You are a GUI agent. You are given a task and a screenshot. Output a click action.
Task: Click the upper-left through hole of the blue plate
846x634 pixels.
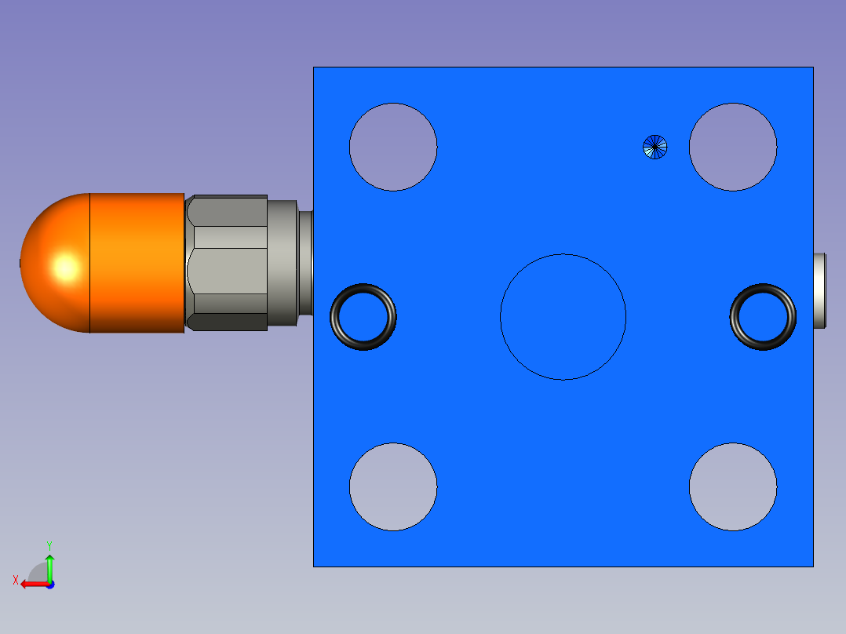click(x=393, y=147)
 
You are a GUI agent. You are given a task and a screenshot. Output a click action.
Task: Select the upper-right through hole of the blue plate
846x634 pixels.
click(x=733, y=147)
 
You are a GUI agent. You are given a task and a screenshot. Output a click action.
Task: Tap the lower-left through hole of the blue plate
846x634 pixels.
click(x=393, y=486)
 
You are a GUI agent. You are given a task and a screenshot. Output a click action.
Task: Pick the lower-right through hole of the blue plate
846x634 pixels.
click(x=733, y=486)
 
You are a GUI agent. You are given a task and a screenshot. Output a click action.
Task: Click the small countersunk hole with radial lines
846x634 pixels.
click(x=655, y=147)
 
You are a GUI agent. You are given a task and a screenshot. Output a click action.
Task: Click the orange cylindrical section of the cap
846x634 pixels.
click(x=137, y=263)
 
